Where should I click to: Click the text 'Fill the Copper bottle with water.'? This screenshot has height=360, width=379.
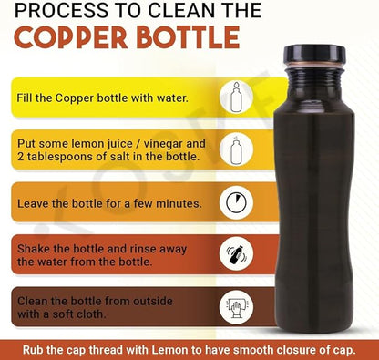[100, 97]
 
